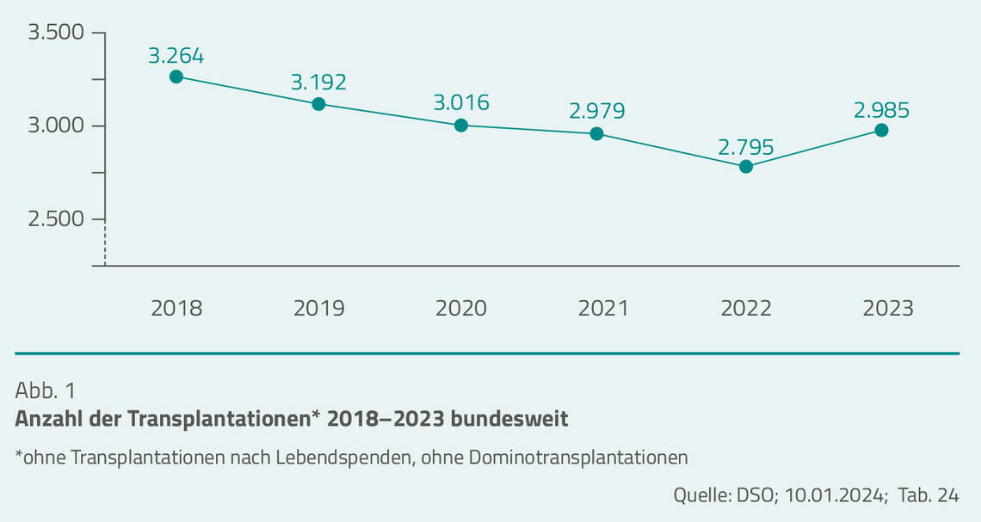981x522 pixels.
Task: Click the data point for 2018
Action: pyautogui.click(x=176, y=77)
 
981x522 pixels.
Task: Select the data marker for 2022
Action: pyautogui.click(x=746, y=166)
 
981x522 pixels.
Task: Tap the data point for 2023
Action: pyautogui.click(x=881, y=130)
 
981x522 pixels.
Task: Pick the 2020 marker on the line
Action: pyautogui.click(x=461, y=125)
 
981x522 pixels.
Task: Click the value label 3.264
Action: pyautogui.click(x=176, y=56)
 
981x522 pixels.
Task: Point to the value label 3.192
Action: pyautogui.click(x=318, y=83)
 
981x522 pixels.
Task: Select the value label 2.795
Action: pyautogui.click(x=746, y=146)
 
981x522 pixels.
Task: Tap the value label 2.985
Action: pyautogui.click(x=881, y=110)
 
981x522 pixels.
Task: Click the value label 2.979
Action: pyautogui.click(x=596, y=111)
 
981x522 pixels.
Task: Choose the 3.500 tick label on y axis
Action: pyautogui.click(x=56, y=33)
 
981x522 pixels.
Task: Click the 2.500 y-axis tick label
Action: pyautogui.click(x=56, y=218)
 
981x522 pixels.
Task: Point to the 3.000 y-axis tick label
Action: pyautogui.click(x=56, y=126)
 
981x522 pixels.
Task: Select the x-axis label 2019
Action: pyautogui.click(x=318, y=308)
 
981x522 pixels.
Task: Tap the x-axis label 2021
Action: pyautogui.click(x=603, y=308)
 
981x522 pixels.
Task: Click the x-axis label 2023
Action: pyautogui.click(x=888, y=308)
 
